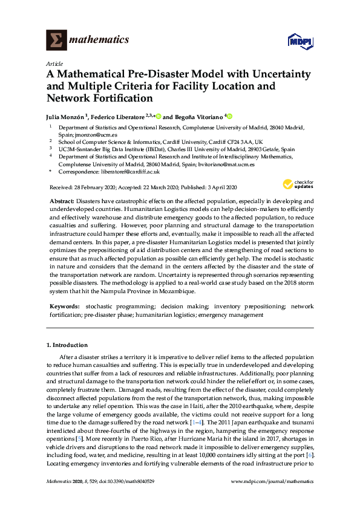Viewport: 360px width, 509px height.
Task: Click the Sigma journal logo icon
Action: click(56, 41)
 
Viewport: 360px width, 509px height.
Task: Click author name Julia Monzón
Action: click(65, 117)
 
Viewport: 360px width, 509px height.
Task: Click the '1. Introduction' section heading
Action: click(67, 345)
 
